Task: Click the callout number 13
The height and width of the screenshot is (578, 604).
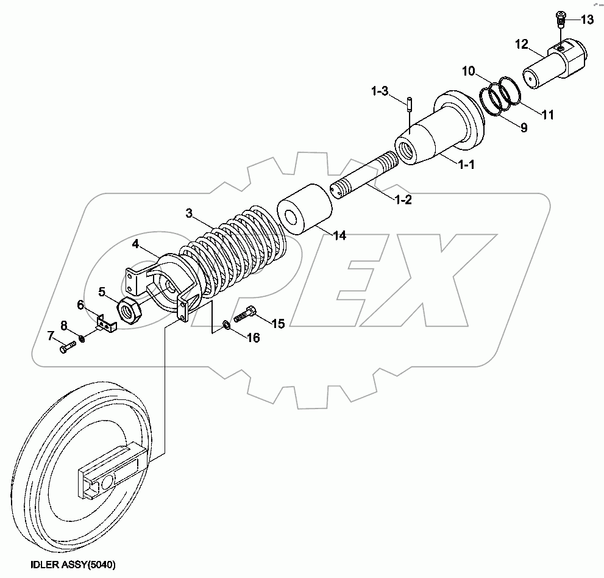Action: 587,20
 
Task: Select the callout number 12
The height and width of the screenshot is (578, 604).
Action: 522,45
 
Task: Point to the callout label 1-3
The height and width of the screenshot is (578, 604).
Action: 380,91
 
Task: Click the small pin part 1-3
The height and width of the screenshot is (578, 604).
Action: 409,105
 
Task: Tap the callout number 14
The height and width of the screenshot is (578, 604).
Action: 339,235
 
